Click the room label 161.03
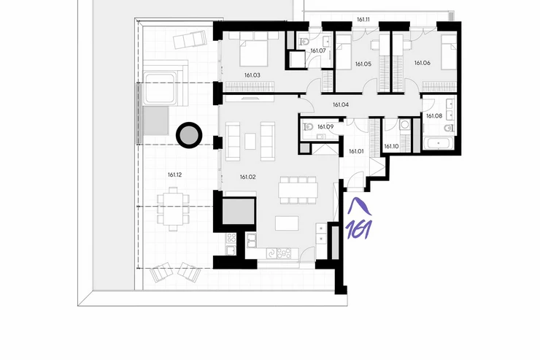pos(252,75)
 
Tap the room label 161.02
pos(248,177)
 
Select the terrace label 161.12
pos(174,175)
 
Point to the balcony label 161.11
pos(363,20)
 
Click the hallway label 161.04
pos(341,104)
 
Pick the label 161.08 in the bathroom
pos(434,116)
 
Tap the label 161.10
pos(391,147)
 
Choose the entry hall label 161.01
pos(356,151)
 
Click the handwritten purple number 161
pos(359,229)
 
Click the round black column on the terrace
pos(189,135)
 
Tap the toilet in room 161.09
pos(307,127)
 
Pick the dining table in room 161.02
pos(298,190)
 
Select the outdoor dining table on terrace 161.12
pos(173,208)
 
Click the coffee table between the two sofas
pos(250,141)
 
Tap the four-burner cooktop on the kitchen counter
pos(284,253)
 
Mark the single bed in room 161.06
pos(449,53)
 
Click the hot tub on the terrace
pos(160,88)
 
